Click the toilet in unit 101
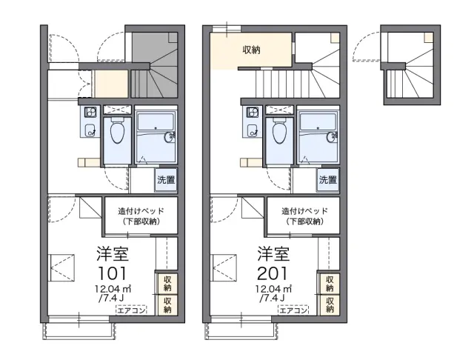tap(117, 131)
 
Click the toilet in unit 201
tap(280, 131)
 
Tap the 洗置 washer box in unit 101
tap(166, 180)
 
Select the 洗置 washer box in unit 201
tap(328, 180)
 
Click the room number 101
tap(112, 273)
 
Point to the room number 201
tap(273, 273)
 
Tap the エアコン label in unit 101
tap(131, 310)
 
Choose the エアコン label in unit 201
tap(293, 310)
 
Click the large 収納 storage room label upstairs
tap(252, 50)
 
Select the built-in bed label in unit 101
tap(141, 216)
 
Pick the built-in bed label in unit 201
tap(304, 216)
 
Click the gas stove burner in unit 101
tap(90, 113)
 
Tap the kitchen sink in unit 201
tap(253, 130)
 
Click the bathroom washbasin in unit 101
tap(170, 137)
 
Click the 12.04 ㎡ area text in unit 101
tap(113, 289)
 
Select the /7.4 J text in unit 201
tap(272, 299)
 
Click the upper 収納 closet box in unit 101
tap(167, 283)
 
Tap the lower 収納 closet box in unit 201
tap(330, 304)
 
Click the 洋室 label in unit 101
tap(113, 254)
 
